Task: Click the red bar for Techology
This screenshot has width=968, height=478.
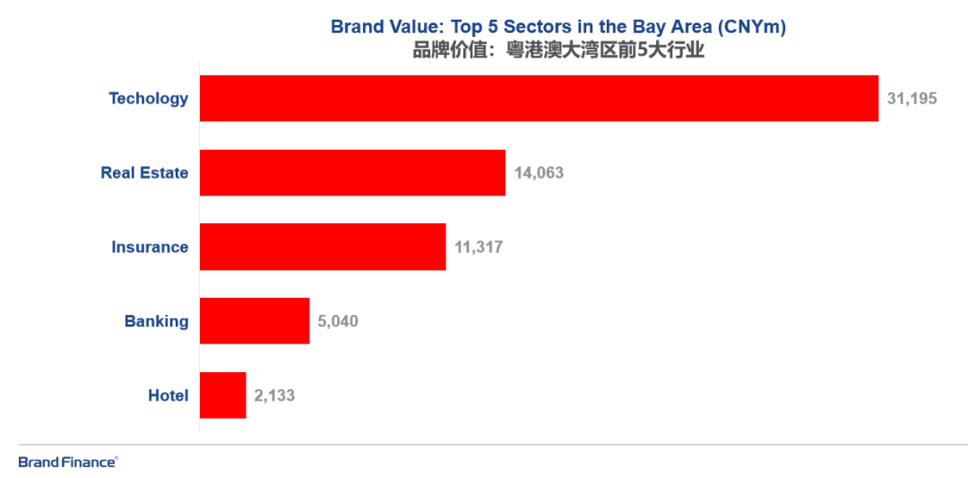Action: pos(538,98)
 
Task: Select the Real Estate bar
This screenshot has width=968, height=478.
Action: pos(352,172)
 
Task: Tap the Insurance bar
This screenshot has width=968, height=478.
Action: pos(323,247)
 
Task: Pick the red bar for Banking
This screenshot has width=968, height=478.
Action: pos(255,321)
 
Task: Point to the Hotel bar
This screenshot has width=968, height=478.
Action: pos(222,395)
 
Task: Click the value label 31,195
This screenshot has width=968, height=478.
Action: pos(912,99)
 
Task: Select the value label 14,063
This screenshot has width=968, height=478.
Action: pos(539,173)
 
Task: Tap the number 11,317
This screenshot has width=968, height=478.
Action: pos(479,248)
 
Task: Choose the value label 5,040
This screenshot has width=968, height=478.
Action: pos(338,321)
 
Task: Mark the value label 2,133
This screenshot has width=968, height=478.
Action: pos(274,395)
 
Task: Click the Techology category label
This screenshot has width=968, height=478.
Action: pos(149,99)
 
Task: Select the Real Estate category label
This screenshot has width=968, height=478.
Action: pos(144,173)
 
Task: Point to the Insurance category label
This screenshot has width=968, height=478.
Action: pos(150,248)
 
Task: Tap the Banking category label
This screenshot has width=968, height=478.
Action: pos(157,321)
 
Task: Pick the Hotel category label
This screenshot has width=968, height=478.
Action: pos(169,395)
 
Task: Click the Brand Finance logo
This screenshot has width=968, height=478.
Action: pos(68,462)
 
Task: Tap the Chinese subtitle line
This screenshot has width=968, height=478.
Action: pos(558,50)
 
